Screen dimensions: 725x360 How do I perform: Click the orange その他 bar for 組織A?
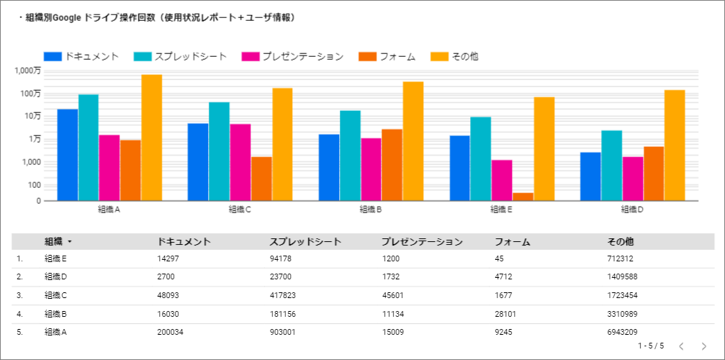pos(152,138)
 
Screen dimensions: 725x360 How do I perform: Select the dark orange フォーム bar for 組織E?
pos(523,197)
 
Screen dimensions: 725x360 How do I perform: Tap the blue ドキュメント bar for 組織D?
pos(590,176)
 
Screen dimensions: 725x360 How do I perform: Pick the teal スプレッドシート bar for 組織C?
pos(219,152)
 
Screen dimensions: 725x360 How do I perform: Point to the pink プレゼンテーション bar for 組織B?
pos(371,170)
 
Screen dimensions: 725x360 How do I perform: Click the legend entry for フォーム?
pos(387,56)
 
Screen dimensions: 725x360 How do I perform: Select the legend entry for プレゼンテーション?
pos(293,56)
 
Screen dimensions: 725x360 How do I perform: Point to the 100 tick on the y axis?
pos(34,185)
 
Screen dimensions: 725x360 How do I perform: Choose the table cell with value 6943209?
pos(622,332)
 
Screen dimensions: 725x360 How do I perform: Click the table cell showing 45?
pos(499,258)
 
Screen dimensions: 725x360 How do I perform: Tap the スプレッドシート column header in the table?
pos(305,241)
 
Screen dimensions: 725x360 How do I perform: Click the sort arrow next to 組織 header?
pos(69,242)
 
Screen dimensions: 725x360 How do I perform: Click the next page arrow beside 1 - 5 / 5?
pos(704,346)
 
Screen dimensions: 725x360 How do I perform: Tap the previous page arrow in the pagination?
pos(681,346)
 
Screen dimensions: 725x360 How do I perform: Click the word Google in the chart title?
pos(68,18)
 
